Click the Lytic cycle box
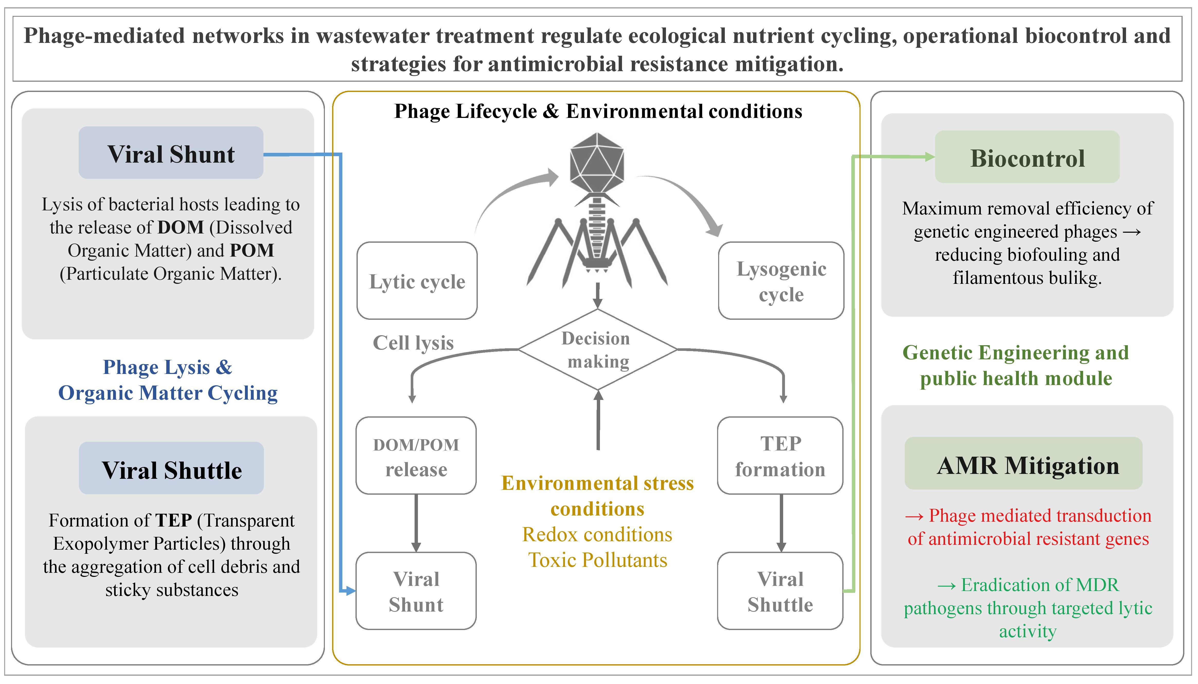tap(417, 281)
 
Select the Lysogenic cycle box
tap(781, 281)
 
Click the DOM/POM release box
tap(416, 456)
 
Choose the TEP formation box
tap(780, 456)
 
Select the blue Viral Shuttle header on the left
tap(171, 469)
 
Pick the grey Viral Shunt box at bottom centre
tap(416, 591)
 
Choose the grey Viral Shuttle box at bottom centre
tap(780, 591)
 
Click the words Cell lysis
tap(413, 343)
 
